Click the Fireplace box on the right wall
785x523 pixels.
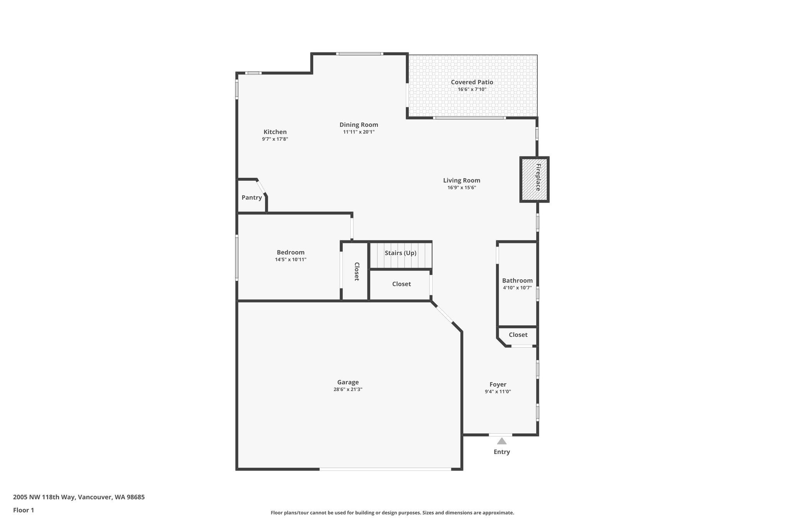pyautogui.click(x=534, y=179)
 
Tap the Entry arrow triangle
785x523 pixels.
pyautogui.click(x=501, y=441)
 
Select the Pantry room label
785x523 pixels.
pyautogui.click(x=251, y=198)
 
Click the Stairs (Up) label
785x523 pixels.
pyautogui.click(x=400, y=253)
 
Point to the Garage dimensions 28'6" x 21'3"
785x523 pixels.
pyautogui.click(x=348, y=389)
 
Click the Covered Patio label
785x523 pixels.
pyautogui.click(x=471, y=82)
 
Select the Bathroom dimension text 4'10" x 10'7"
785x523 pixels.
pyautogui.click(x=517, y=288)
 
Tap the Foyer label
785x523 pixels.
pyautogui.click(x=498, y=384)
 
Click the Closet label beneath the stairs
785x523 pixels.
pyautogui.click(x=401, y=284)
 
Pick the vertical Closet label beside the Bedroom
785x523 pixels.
pyautogui.click(x=356, y=272)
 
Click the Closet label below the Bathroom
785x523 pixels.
pyautogui.click(x=518, y=335)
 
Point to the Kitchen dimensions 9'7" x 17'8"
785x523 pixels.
pyautogui.click(x=275, y=139)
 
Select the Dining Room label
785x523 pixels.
pyautogui.click(x=358, y=125)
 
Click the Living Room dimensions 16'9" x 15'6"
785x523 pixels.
pyautogui.click(x=461, y=188)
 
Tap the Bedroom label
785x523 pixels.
pyautogui.click(x=291, y=252)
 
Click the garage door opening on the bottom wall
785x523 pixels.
pyautogui.click(x=385, y=469)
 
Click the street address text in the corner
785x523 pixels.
pyautogui.click(x=79, y=497)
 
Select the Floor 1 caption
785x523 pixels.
pyautogui.click(x=24, y=510)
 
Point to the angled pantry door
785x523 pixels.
pyautogui.click(x=261, y=187)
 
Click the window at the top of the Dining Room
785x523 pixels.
pyautogui.click(x=359, y=54)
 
